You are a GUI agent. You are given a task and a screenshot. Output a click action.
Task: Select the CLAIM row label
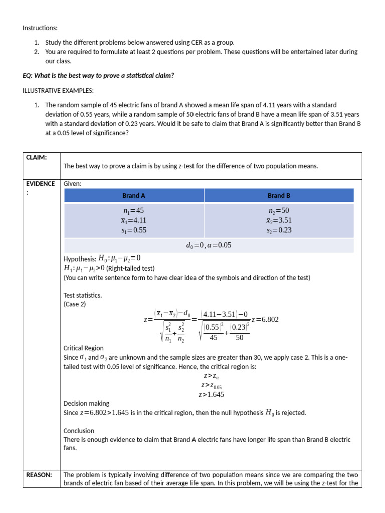pyautogui.click(x=37, y=158)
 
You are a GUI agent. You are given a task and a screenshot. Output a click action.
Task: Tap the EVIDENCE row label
pyautogui.click(x=40, y=184)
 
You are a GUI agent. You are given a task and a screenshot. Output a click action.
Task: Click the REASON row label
pyautogui.click(x=39, y=475)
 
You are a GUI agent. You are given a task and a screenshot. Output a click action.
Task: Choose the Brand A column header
pyautogui.click(x=133, y=195)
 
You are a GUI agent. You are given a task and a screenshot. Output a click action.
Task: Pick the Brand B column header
pyautogui.click(x=279, y=195)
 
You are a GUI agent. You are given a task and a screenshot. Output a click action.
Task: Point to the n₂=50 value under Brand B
pyautogui.click(x=279, y=211)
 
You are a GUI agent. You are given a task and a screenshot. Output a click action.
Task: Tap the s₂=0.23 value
pyautogui.click(x=279, y=230)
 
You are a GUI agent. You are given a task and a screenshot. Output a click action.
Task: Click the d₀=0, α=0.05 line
pyautogui.click(x=209, y=245)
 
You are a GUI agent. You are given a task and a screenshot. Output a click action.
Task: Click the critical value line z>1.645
pyautogui.click(x=211, y=394)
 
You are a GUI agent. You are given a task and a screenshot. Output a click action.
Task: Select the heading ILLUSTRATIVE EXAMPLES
pyautogui.click(x=58, y=90)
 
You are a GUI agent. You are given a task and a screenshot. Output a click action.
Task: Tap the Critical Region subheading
pyautogui.click(x=84, y=348)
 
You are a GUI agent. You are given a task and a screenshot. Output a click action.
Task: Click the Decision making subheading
pyautogui.click(x=86, y=403)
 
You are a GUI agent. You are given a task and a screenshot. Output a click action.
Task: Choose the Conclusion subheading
pyautogui.click(x=79, y=431)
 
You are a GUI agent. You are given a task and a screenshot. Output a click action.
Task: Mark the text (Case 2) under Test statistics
pyautogui.click(x=75, y=304)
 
